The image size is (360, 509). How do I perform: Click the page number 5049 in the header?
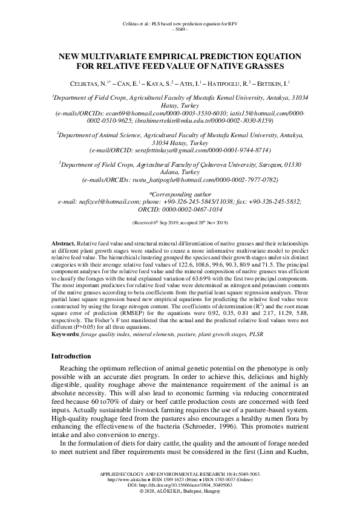pyautogui.click(x=180, y=29)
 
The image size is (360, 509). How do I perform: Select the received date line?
pyautogui.click(x=180, y=223)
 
